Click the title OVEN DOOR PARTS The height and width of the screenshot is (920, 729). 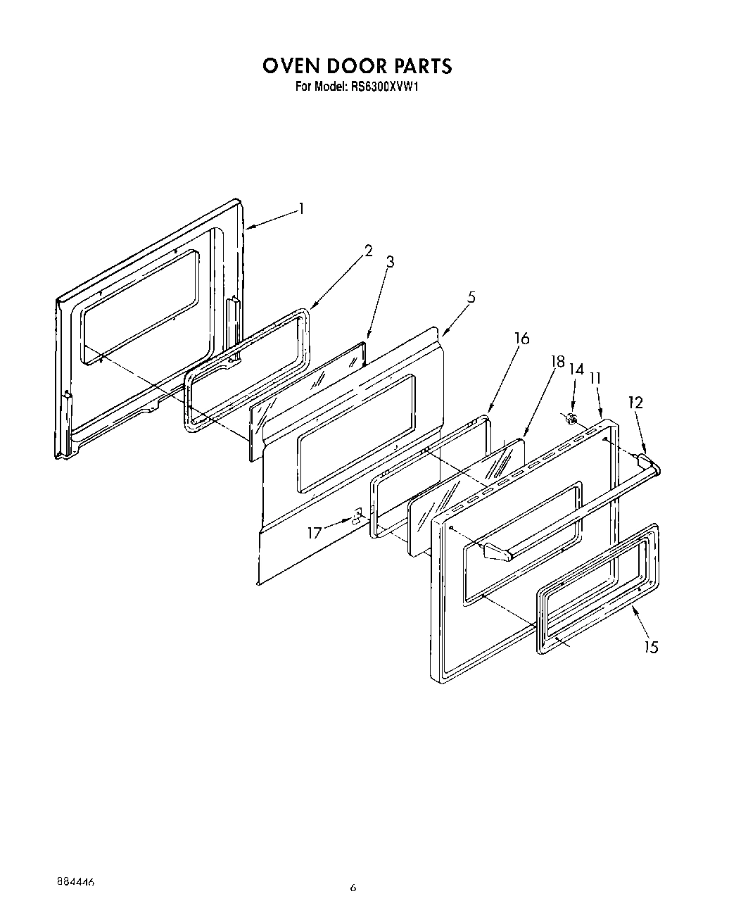coord(357,66)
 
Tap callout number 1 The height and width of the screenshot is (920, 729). coord(301,208)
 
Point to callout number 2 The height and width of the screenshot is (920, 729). coord(368,251)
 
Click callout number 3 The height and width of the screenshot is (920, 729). coord(390,263)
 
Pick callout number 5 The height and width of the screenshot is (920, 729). coord(471,297)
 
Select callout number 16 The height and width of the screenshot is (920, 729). coord(521,339)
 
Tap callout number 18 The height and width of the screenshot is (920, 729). coord(557,363)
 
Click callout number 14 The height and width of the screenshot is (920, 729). coord(576,369)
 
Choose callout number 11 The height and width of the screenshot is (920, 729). coord(595,378)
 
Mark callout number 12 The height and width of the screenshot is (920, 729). coord(635,403)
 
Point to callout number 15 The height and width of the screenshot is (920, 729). coord(652,647)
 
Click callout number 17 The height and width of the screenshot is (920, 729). coord(314,533)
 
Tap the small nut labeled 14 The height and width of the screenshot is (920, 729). coord(572,420)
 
